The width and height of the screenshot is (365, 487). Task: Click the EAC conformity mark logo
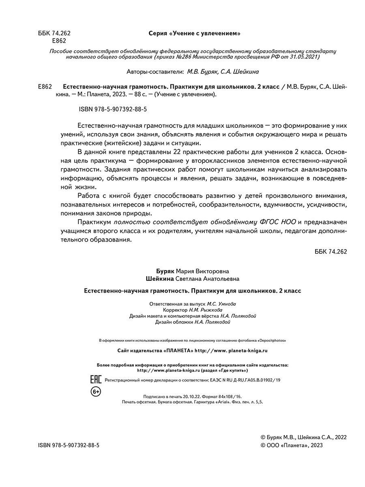pyautogui.click(x=95, y=380)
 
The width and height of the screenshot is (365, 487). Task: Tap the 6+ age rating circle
pyautogui.click(x=95, y=392)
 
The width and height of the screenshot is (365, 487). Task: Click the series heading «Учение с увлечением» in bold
pyautogui.click(x=192, y=33)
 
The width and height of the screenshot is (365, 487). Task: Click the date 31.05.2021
pyautogui.click(x=305, y=57)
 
